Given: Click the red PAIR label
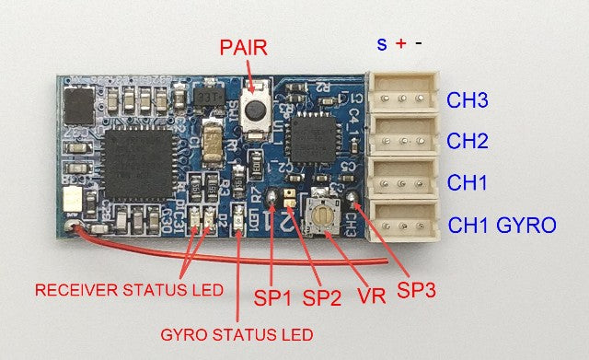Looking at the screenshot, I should (244, 48).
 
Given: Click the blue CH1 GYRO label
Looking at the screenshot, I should (502, 224).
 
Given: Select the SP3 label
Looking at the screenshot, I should (416, 290).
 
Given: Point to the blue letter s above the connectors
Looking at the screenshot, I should (382, 42).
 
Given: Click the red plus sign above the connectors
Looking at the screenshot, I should (401, 42).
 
